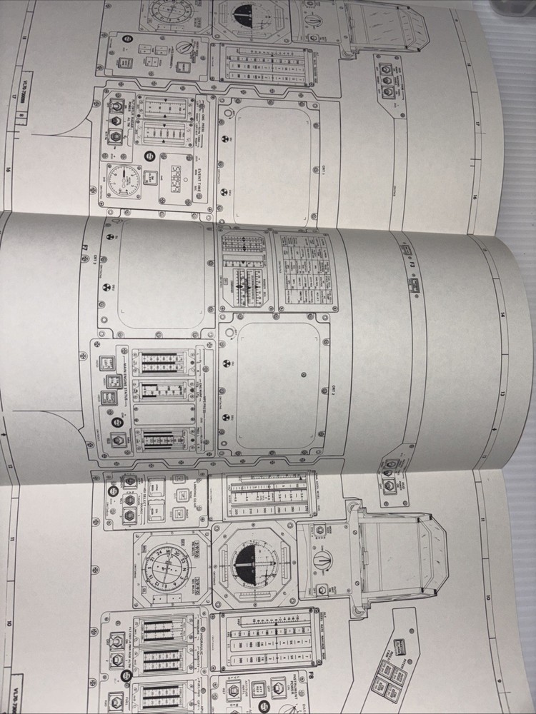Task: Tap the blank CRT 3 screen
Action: pyautogui.click(x=157, y=275)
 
